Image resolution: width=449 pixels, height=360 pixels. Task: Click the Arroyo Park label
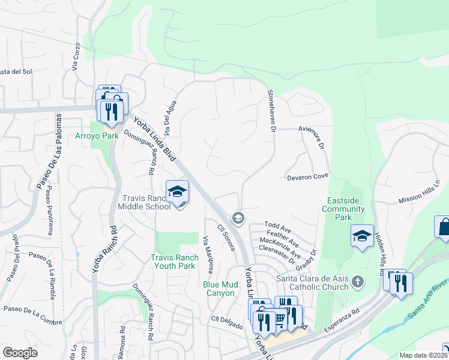97,136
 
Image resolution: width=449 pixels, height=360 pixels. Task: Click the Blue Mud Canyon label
218,289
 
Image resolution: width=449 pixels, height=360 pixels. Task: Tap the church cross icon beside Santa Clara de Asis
358,281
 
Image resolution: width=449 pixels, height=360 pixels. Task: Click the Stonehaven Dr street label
271,111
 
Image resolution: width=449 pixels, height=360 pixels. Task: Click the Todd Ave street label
278,229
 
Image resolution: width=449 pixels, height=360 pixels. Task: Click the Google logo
20,353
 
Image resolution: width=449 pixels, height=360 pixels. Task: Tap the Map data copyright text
423,355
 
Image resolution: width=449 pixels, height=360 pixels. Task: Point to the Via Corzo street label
76,57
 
